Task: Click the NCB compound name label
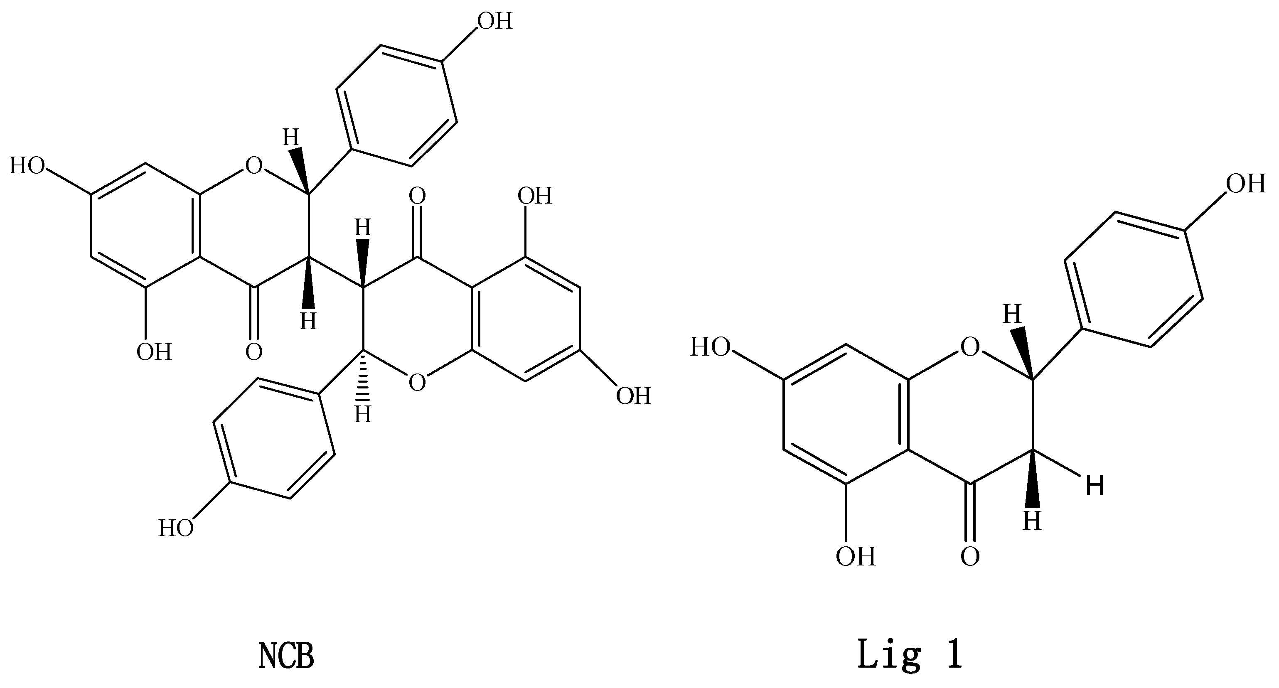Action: pyautogui.click(x=286, y=656)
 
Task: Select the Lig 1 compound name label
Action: pyautogui.click(x=910, y=655)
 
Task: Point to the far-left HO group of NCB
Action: pyautogui.click(x=27, y=166)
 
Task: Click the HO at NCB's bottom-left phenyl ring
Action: pyautogui.click(x=176, y=528)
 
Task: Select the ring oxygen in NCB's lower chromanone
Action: pyautogui.click(x=417, y=382)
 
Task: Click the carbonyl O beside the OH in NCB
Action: pyautogui.click(x=254, y=352)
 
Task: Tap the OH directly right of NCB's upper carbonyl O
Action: pyautogui.click(x=534, y=196)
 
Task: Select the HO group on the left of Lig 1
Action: pyautogui.click(x=710, y=347)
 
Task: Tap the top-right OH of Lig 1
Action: pyautogui.click(x=1246, y=184)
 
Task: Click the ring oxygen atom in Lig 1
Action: pyautogui.click(x=970, y=347)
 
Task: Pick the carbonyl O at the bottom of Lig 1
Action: pyautogui.click(x=970, y=556)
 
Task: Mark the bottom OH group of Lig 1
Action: pyautogui.click(x=855, y=556)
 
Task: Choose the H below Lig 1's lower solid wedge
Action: pyautogui.click(x=1032, y=522)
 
